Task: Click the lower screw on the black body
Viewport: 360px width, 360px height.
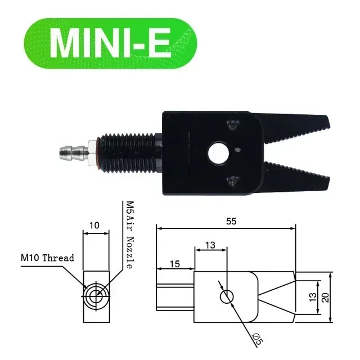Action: (231, 181)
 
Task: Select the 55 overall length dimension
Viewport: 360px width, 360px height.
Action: (231, 221)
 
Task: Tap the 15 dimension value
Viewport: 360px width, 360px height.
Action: (174, 264)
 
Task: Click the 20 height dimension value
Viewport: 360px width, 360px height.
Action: (325, 297)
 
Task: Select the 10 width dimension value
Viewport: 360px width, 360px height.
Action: (94, 226)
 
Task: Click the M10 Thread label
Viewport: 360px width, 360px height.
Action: (48, 258)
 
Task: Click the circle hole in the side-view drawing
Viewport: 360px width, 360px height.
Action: (226, 297)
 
